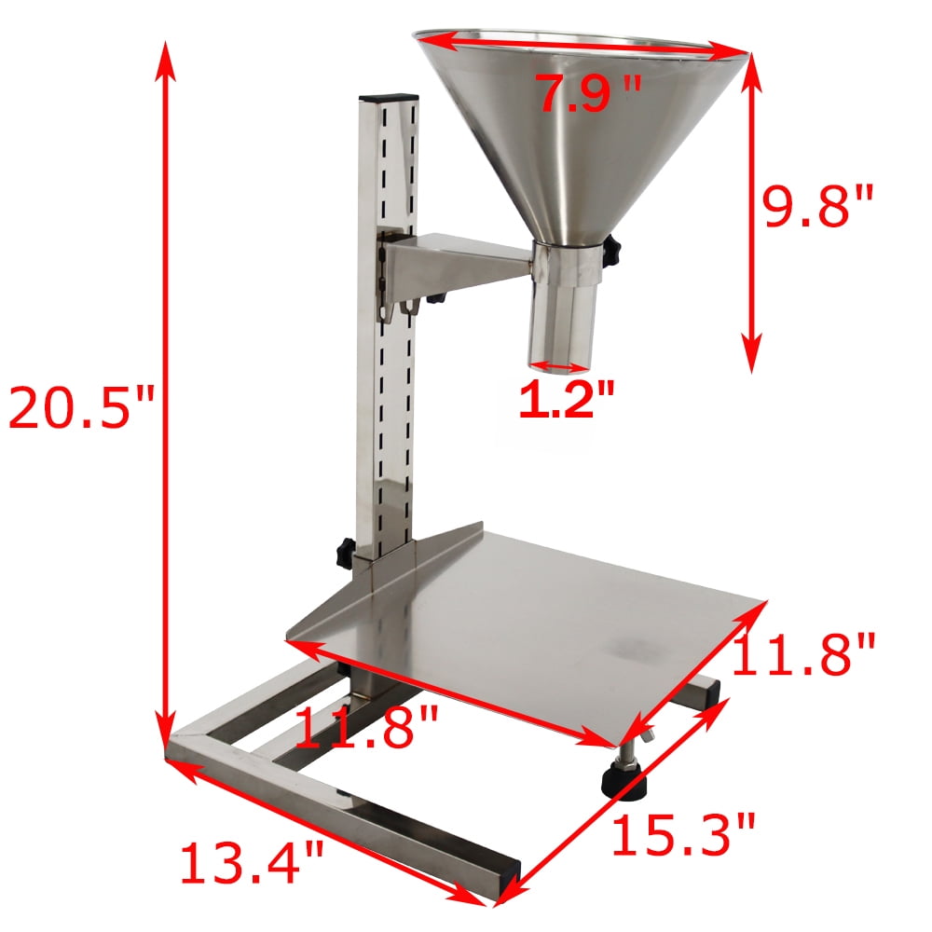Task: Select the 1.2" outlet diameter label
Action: [x=567, y=400]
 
